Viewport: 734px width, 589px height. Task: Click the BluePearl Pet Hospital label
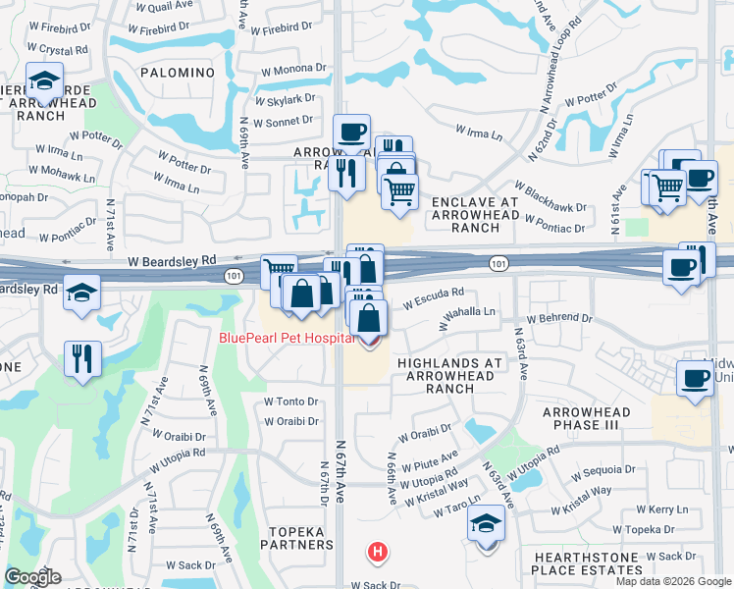point(286,338)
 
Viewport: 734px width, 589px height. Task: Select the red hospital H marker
point(378,553)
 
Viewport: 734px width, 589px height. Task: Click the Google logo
point(32,577)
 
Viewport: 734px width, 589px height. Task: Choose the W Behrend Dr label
point(562,319)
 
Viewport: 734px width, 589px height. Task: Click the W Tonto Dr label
point(291,402)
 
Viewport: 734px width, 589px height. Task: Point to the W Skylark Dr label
point(284,99)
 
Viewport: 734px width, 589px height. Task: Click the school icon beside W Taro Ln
point(486,525)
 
